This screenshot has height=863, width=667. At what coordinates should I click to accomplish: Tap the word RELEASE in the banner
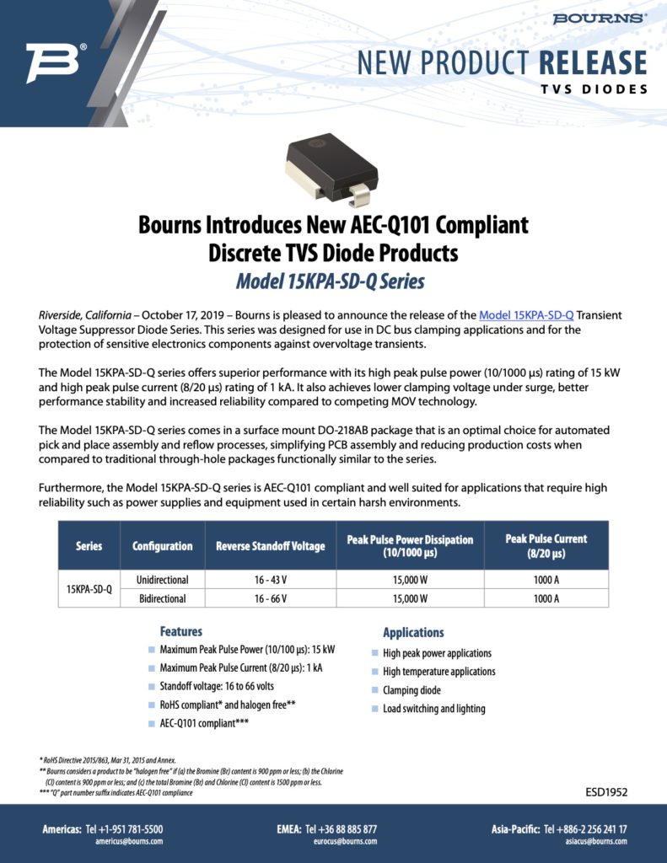pos(592,63)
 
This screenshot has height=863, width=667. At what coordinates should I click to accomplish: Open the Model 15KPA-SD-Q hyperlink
pos(526,315)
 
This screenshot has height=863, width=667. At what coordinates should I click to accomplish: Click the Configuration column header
pos(162,545)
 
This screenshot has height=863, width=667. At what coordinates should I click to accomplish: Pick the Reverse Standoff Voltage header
pos(270,545)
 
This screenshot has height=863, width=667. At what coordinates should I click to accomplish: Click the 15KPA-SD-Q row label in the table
pos(89,589)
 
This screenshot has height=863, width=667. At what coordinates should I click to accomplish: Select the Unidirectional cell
pos(162,580)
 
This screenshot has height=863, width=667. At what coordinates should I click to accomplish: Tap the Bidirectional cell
pos(162,598)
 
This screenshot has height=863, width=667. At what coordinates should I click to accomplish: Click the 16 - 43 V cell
pos(270,580)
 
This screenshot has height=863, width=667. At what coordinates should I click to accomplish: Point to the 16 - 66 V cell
pos(270,598)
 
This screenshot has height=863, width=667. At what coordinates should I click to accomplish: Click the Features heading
pos(181,631)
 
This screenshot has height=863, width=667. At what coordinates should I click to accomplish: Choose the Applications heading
pos(413,632)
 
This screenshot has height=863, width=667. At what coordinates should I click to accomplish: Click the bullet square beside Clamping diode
pos(374,690)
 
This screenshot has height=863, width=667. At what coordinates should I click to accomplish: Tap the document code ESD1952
pos(606,792)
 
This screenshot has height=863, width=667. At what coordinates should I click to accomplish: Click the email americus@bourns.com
pos(129,841)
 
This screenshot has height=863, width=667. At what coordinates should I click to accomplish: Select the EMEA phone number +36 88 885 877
pos(341,829)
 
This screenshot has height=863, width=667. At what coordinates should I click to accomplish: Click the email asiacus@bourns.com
pos(596,841)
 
